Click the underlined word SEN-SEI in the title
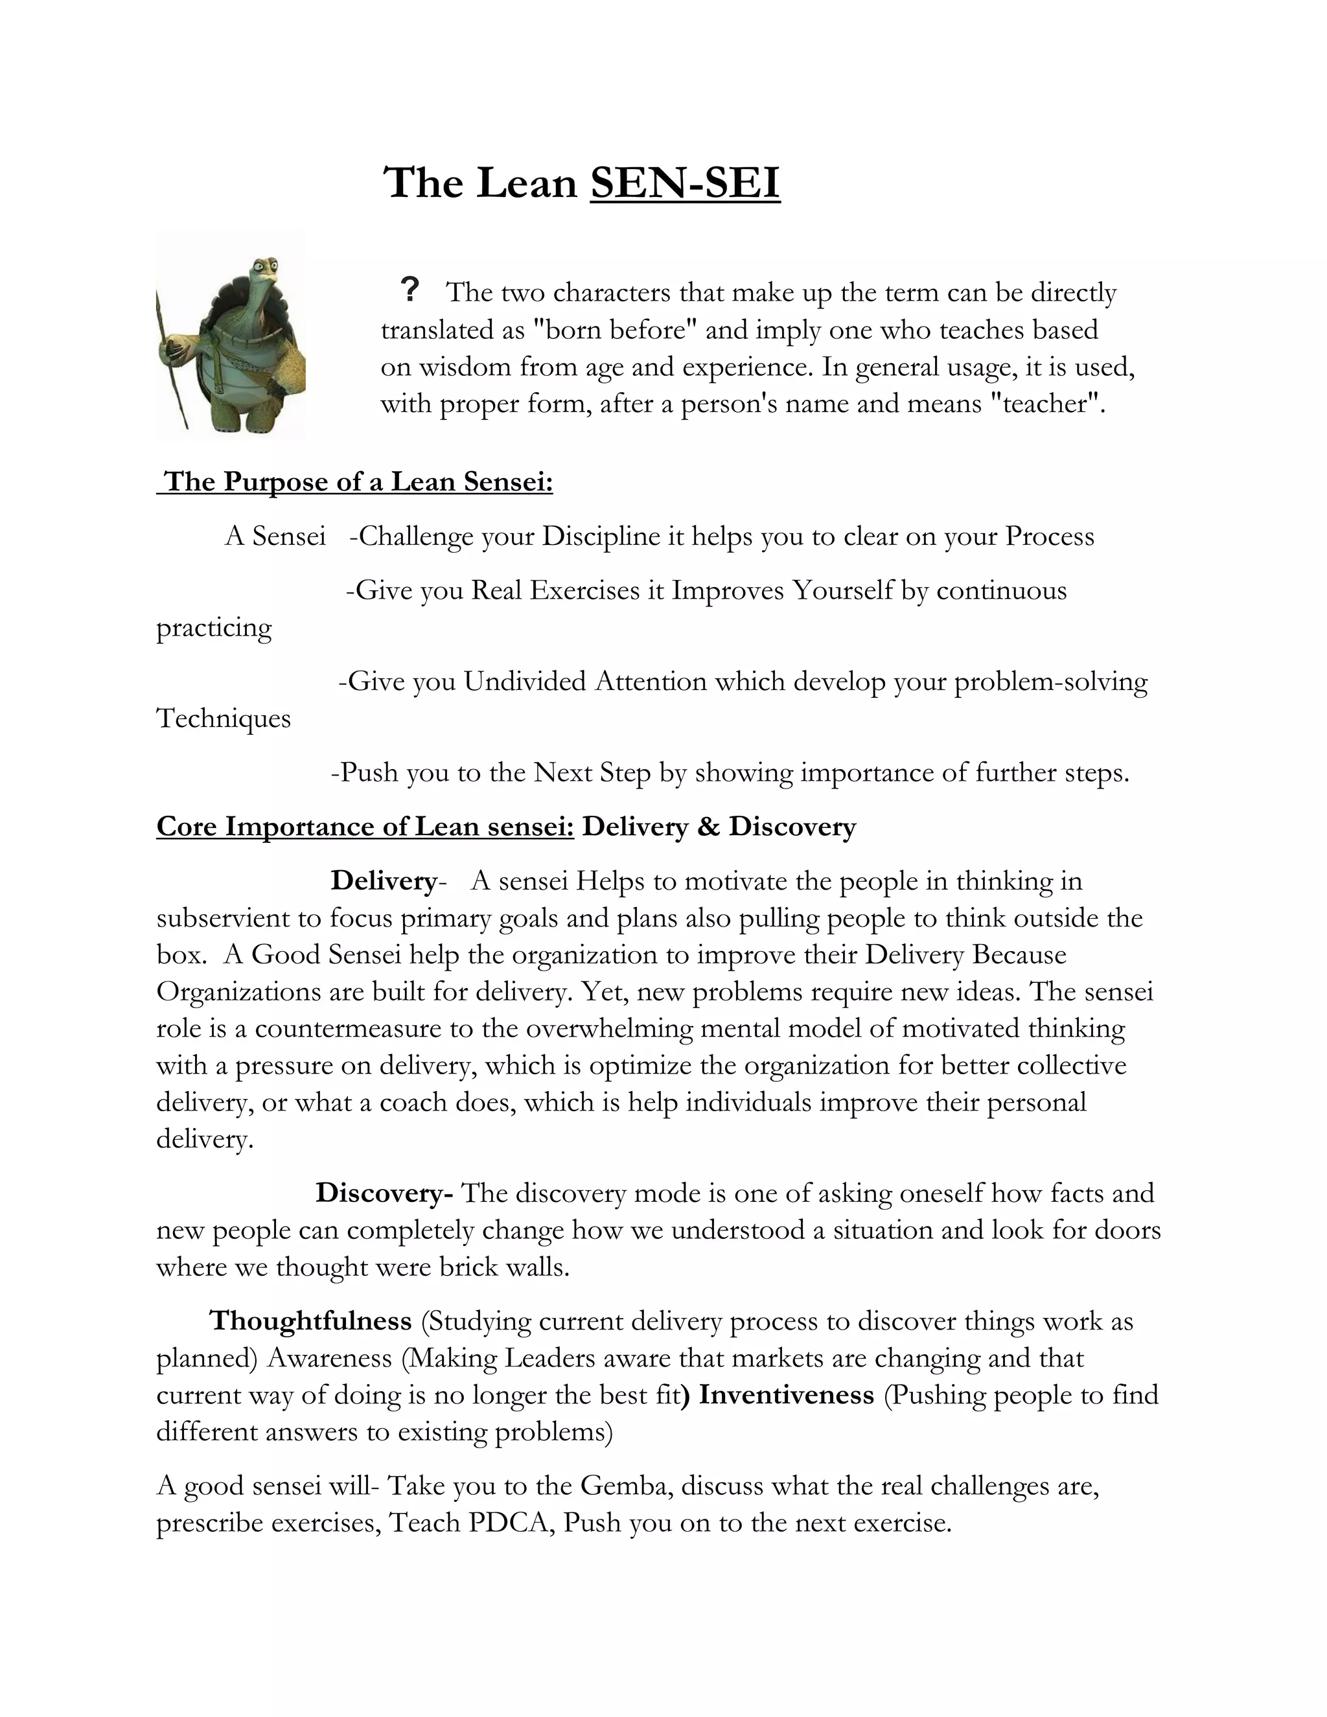[685, 184]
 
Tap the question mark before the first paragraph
[409, 290]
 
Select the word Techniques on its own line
[224, 718]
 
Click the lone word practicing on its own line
[214, 627]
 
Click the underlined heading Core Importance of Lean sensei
[365, 826]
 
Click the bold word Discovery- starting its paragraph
[384, 1193]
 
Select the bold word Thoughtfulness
[310, 1320]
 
